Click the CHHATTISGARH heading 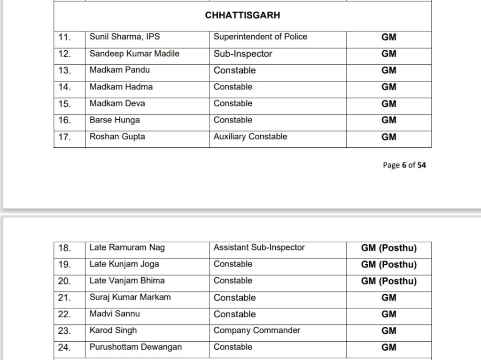pyautogui.click(x=242, y=15)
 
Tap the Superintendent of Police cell pyautogui.click(x=260, y=37)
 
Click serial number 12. pyautogui.click(x=64, y=54)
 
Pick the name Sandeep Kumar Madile pyautogui.click(x=134, y=54)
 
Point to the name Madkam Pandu pyautogui.click(x=116, y=70)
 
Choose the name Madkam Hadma pyautogui.click(x=121, y=87)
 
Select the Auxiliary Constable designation pyautogui.click(x=250, y=137)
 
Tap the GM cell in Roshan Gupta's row pyautogui.click(x=389, y=137)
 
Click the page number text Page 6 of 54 pyautogui.click(x=404, y=165)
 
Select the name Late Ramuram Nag pyautogui.click(x=127, y=248)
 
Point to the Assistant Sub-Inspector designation pyautogui.click(x=259, y=248)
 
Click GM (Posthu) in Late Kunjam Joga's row pyautogui.click(x=389, y=265)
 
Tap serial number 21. pyautogui.click(x=64, y=298)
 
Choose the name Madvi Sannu pyautogui.click(x=115, y=314)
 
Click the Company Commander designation pyautogui.click(x=256, y=330)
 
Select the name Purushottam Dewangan pyautogui.click(x=136, y=347)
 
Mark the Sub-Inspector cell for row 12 pyautogui.click(x=243, y=54)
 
